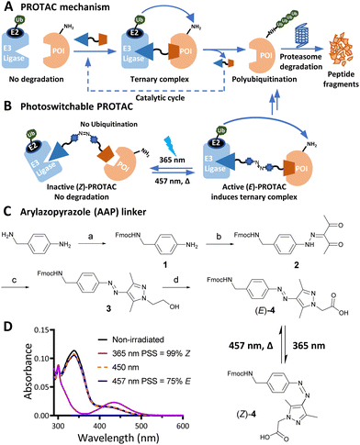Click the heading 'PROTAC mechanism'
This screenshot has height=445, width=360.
tap(65, 7)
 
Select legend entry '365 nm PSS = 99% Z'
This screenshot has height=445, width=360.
tap(133, 349)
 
